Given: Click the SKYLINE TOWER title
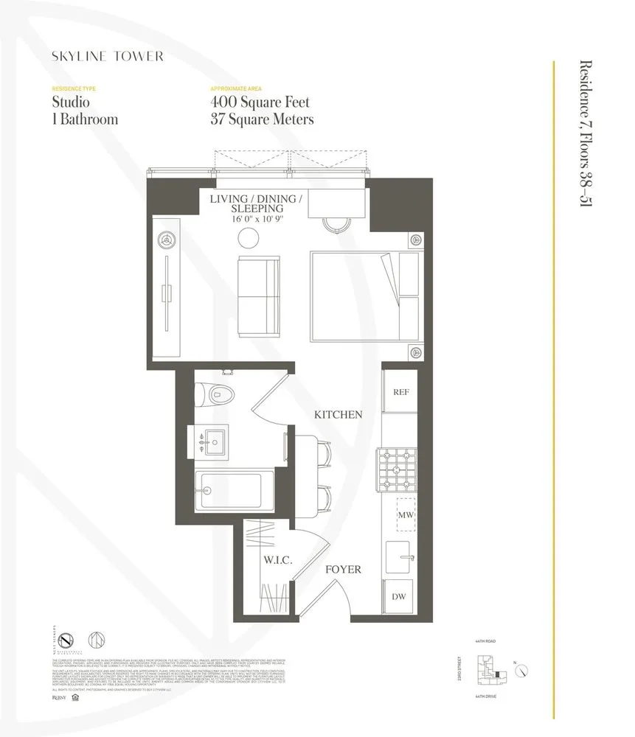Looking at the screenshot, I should pyautogui.click(x=107, y=56).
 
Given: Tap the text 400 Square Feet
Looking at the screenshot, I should pyautogui.click(x=260, y=102).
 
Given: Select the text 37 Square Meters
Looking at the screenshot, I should pyautogui.click(x=263, y=119).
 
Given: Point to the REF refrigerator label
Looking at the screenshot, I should pyautogui.click(x=401, y=393).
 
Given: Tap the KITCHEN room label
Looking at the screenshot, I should pyautogui.click(x=338, y=415).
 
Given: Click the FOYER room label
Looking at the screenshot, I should pyautogui.click(x=344, y=570).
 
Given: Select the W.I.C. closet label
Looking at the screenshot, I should pyautogui.click(x=278, y=561).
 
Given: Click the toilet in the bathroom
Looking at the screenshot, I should pyautogui.click(x=214, y=394).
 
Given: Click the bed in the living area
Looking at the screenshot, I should pyautogui.click(x=364, y=296).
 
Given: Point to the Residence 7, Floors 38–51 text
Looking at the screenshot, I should pyautogui.click(x=587, y=135).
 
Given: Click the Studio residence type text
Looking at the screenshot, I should pyautogui.click(x=72, y=102).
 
